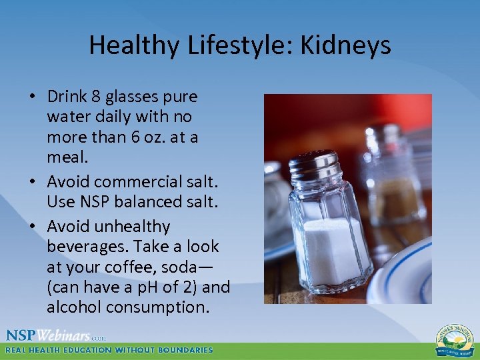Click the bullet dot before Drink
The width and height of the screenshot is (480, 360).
tap(32, 97)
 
